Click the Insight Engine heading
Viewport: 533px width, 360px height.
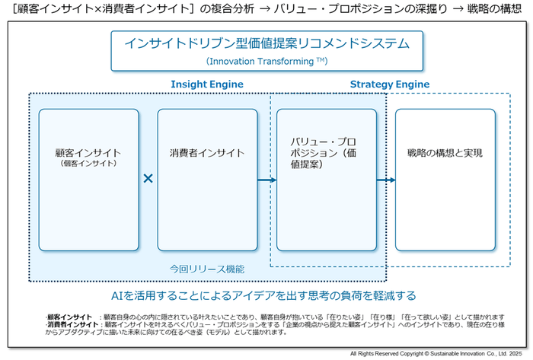click(x=206, y=84)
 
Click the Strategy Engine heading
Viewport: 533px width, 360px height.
click(x=389, y=84)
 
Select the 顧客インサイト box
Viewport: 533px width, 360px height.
click(x=89, y=180)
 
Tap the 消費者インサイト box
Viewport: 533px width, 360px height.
click(x=207, y=180)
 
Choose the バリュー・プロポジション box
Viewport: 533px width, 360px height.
click(x=326, y=180)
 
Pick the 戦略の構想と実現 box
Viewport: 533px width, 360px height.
click(x=445, y=180)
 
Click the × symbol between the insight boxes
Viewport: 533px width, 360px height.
click(x=148, y=179)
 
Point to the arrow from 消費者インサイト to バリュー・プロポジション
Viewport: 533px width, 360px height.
click(x=266, y=180)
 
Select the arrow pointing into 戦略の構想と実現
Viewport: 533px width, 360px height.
click(x=386, y=180)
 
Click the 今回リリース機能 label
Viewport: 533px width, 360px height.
click(x=207, y=269)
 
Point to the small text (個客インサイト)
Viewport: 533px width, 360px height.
click(x=89, y=163)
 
